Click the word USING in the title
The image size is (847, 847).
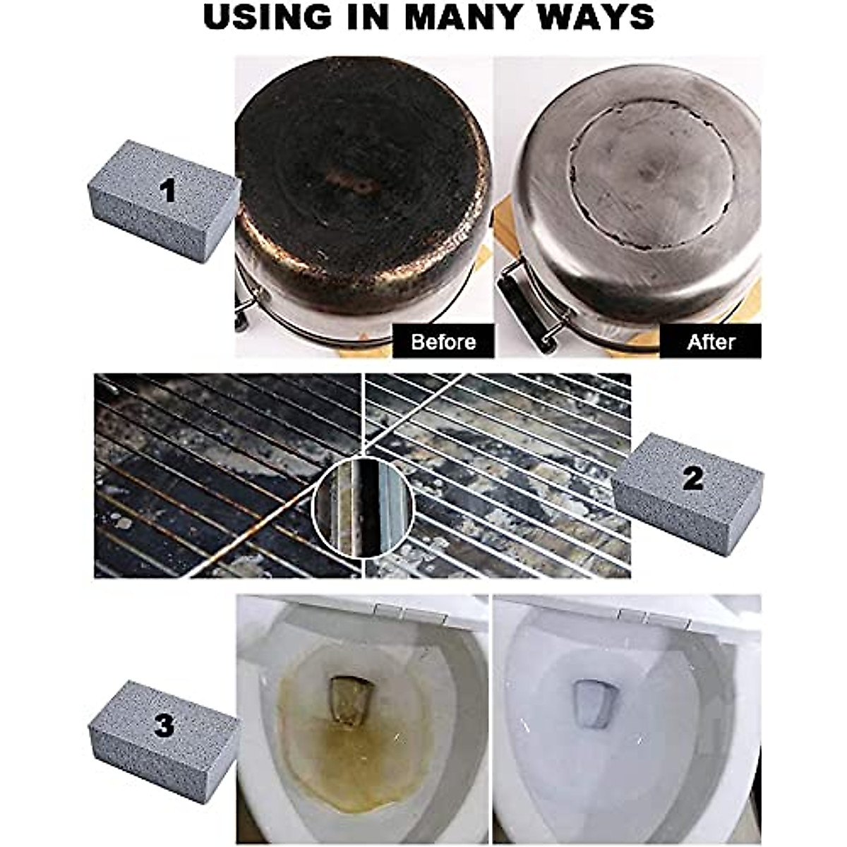click(264, 17)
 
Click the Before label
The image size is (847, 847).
click(443, 342)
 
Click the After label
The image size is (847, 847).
click(711, 342)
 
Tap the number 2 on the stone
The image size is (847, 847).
click(693, 478)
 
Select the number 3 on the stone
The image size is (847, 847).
click(164, 726)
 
